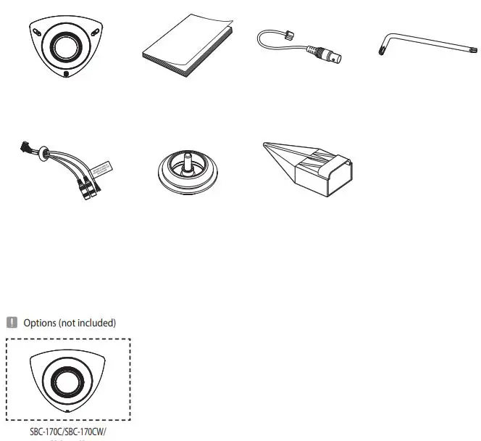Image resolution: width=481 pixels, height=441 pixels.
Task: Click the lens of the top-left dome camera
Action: (x=63, y=47)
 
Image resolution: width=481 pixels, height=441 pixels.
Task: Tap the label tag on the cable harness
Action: (x=104, y=168)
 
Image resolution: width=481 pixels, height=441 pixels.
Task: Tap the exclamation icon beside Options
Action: (x=12, y=323)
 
